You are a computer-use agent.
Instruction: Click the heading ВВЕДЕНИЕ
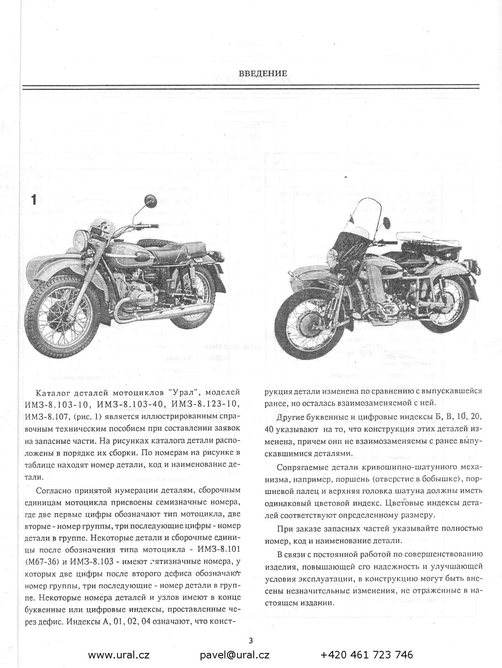coord(263,74)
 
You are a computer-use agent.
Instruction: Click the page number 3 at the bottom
coord(251,640)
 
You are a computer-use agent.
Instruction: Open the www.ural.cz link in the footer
coord(119,655)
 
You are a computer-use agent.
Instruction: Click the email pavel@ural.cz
coord(234,655)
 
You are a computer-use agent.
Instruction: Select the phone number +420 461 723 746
coord(367,655)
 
